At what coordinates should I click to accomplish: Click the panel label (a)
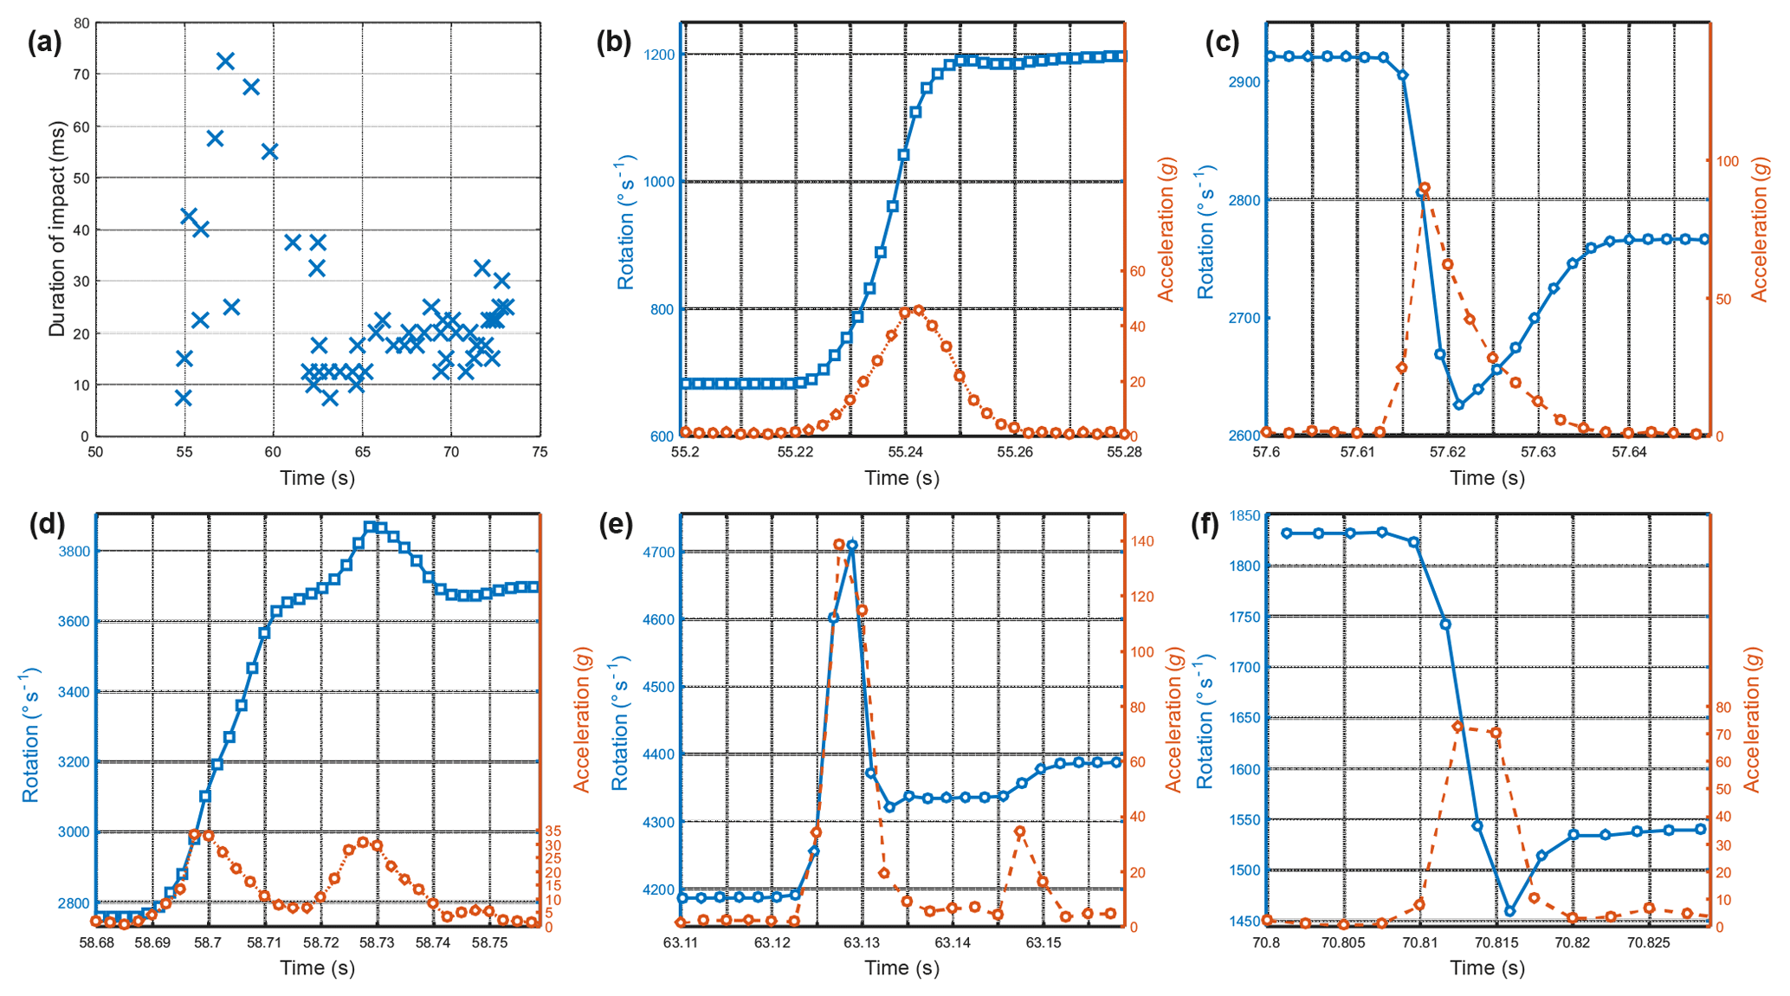(44, 42)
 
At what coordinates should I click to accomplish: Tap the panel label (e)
(616, 524)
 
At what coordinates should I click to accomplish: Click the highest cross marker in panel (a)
(225, 61)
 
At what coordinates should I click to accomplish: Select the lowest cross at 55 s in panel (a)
(183, 398)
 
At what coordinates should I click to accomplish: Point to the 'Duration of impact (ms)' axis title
(57, 229)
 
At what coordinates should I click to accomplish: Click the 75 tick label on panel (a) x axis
(540, 452)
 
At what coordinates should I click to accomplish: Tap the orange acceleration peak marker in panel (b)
(918, 311)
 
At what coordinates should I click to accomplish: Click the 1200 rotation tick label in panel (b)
(659, 55)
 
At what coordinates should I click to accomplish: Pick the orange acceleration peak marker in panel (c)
(1425, 188)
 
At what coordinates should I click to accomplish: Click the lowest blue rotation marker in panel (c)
(1458, 404)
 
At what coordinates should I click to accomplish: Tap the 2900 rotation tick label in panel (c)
(1244, 81)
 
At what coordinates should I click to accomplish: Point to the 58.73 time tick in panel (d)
(377, 942)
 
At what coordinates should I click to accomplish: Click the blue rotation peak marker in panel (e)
(852, 546)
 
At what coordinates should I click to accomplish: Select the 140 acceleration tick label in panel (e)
(1142, 541)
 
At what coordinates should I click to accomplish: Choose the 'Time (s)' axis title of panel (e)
(901, 968)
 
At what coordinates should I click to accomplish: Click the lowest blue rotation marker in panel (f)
(1510, 911)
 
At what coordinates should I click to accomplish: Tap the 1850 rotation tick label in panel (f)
(1244, 515)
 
